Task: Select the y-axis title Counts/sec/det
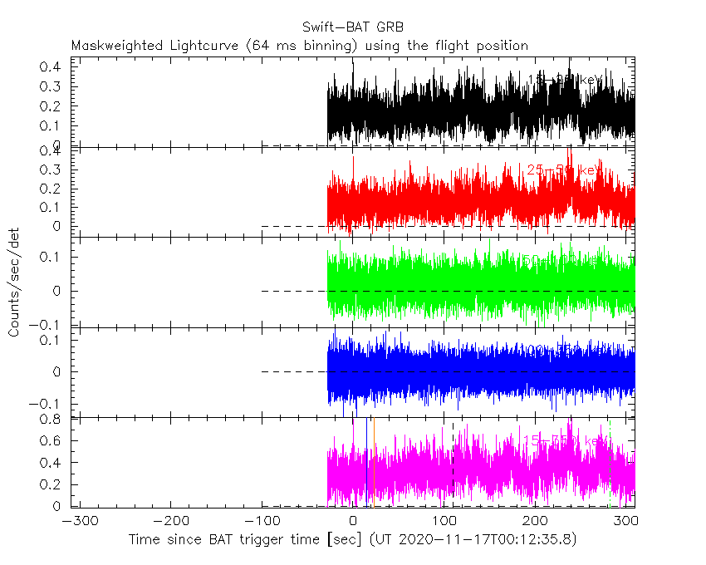pos(14,282)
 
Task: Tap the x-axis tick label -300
pos(77,522)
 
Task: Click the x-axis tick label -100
pos(262,522)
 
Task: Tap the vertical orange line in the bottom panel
pos(374,465)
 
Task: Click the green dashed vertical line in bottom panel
pos(610,465)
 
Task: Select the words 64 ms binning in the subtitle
pos(282,46)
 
